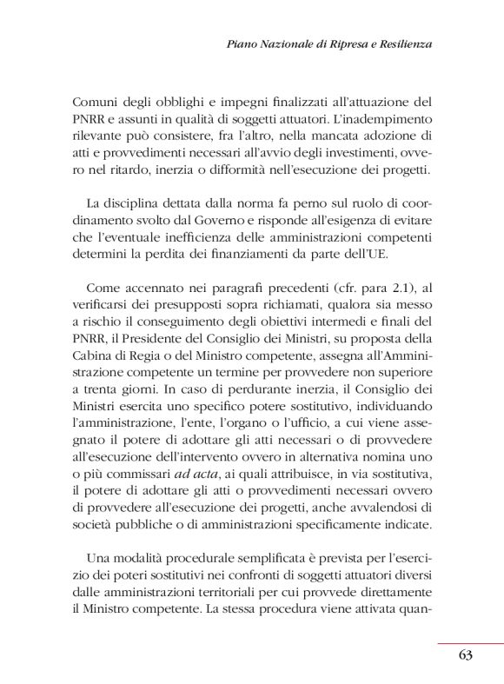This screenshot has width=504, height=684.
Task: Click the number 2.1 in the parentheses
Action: (391, 288)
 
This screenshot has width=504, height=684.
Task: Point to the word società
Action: (94, 524)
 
